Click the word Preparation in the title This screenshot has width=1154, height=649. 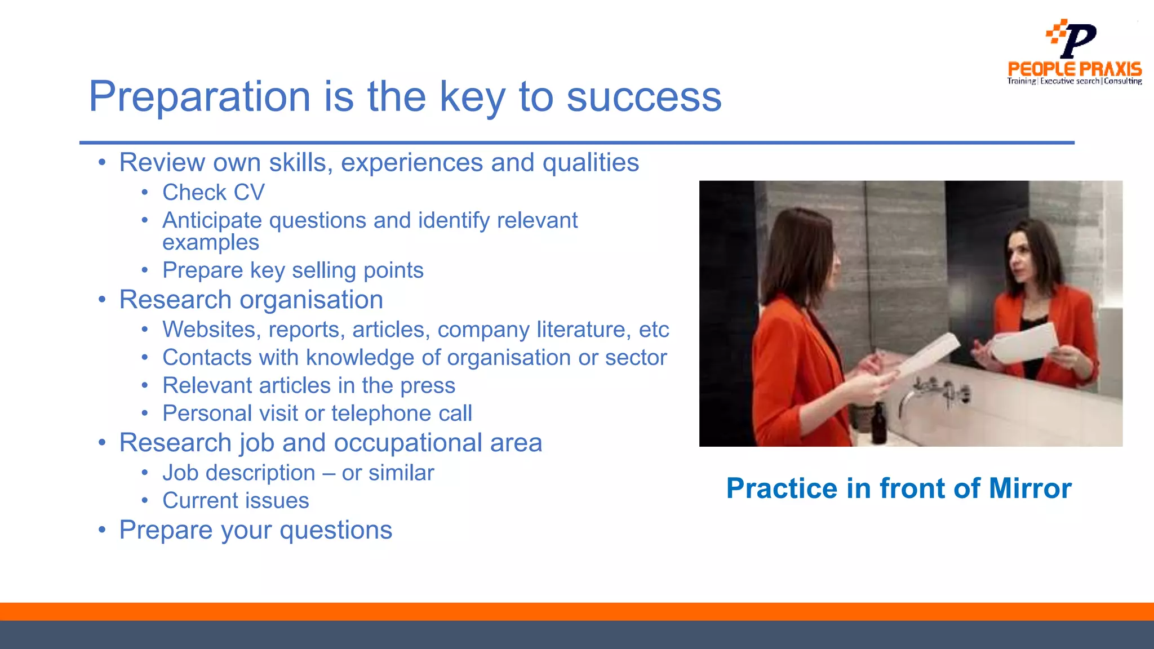click(x=200, y=97)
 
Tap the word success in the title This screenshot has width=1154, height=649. click(x=643, y=97)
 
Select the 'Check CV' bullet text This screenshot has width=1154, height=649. click(x=213, y=193)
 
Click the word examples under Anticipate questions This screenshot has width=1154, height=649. click(x=211, y=242)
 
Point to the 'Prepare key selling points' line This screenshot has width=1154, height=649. click(x=292, y=270)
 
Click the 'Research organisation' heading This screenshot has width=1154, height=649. click(x=251, y=300)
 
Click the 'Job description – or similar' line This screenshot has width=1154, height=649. click(x=298, y=473)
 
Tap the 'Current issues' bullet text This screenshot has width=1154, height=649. click(x=236, y=501)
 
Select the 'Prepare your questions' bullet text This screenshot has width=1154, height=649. click(x=255, y=530)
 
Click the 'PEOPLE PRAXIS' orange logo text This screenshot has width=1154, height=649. click(x=1075, y=69)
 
